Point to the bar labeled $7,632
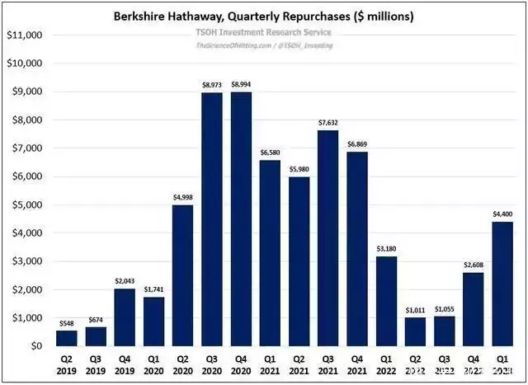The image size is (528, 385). click(x=328, y=238)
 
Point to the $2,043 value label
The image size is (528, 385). click(x=124, y=282)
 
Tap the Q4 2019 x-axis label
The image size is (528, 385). click(x=124, y=365)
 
